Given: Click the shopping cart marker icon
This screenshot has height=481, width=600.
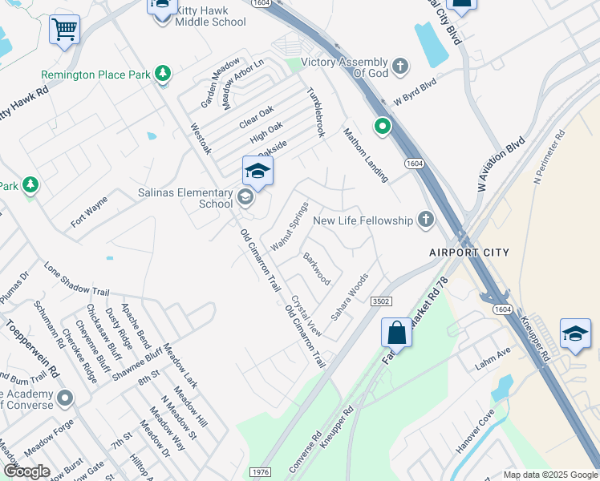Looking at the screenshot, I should [x=64, y=30].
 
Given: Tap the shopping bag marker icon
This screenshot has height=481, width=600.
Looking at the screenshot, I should [x=396, y=332].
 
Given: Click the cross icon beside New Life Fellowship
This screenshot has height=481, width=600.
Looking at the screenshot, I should [x=425, y=220].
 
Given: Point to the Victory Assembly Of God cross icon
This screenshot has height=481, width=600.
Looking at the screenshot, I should [x=400, y=63].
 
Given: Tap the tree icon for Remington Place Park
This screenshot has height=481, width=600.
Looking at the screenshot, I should [x=163, y=74].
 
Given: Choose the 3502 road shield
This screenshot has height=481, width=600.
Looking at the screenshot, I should [x=381, y=300].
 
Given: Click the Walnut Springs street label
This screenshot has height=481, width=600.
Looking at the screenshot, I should [x=290, y=226].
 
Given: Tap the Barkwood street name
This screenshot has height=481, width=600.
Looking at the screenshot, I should [x=316, y=269].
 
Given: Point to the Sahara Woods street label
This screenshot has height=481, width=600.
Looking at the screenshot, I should [x=350, y=297].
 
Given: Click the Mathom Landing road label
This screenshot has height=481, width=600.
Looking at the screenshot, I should [x=366, y=154].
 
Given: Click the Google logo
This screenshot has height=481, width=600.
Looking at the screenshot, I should [x=26, y=471].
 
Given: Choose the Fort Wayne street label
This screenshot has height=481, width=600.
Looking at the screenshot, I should [x=88, y=212].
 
